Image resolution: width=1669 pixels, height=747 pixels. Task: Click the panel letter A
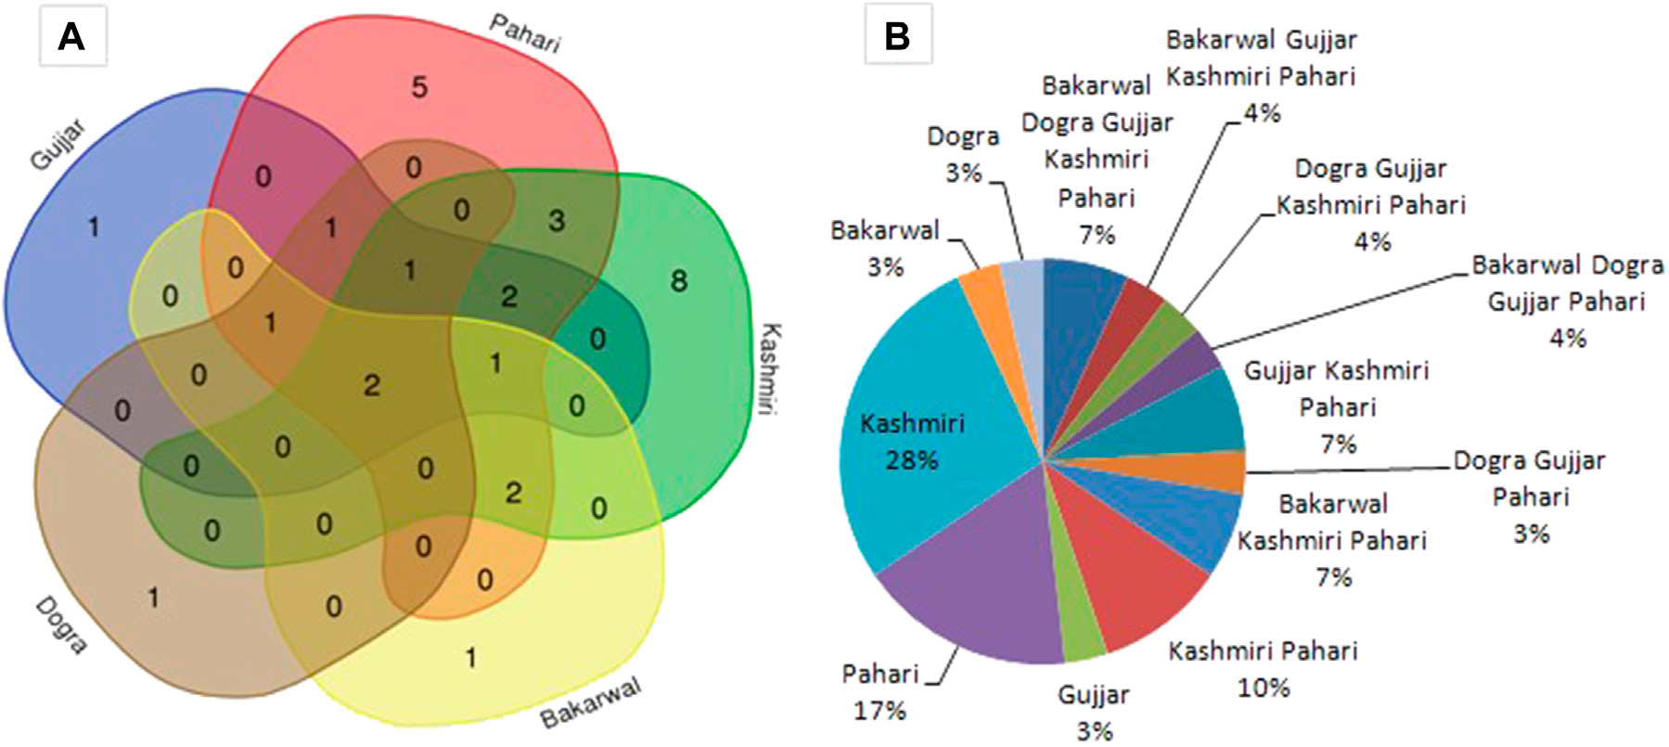click(x=71, y=37)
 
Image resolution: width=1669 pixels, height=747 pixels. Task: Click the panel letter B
click(x=897, y=37)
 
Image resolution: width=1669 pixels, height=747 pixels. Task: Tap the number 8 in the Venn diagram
click(x=679, y=280)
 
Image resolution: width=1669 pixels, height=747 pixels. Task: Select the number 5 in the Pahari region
click(x=419, y=88)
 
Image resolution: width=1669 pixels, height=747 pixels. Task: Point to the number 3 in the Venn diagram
click(x=556, y=220)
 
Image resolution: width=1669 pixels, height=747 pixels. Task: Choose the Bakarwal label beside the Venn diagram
click(x=591, y=702)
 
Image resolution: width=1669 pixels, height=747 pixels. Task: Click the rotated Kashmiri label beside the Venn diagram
click(x=770, y=368)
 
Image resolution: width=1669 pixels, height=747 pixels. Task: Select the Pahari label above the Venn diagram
click(x=525, y=33)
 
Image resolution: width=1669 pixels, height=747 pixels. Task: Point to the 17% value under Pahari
click(x=879, y=711)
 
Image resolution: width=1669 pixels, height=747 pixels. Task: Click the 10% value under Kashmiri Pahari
click(x=1263, y=688)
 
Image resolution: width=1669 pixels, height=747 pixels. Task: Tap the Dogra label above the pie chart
click(x=963, y=137)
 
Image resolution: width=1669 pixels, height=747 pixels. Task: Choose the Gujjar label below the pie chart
click(x=1094, y=695)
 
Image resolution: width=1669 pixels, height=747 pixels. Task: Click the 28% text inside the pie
click(x=911, y=460)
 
